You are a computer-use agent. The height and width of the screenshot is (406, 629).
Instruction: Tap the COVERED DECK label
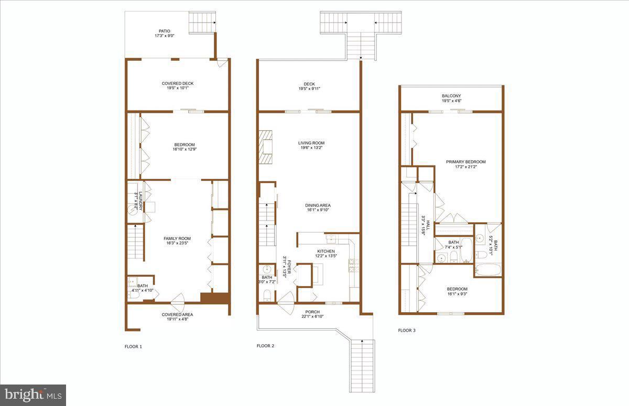tap(177, 83)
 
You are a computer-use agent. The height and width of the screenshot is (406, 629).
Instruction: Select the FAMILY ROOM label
tap(177, 239)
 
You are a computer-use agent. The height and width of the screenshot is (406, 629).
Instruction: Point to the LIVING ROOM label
tap(311, 143)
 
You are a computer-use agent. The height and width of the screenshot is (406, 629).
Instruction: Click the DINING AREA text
tap(318, 205)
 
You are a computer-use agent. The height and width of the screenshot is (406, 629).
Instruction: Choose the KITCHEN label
tap(326, 251)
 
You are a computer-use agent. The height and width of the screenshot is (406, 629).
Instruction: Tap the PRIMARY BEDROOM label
tap(465, 162)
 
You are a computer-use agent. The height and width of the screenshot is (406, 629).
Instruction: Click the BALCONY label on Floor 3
tap(451, 96)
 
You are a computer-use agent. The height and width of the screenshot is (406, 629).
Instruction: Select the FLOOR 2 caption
tap(266, 346)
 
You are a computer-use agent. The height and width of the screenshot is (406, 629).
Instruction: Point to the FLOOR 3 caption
tap(407, 331)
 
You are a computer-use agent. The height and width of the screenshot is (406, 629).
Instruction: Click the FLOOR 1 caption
tap(133, 346)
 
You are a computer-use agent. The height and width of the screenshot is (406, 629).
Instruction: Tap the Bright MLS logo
tap(33, 395)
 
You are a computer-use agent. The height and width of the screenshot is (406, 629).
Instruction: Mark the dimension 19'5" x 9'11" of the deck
tap(309, 89)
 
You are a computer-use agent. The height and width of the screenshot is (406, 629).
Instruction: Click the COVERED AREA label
tap(177, 314)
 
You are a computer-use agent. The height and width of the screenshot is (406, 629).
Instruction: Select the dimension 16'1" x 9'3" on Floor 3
tap(457, 295)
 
